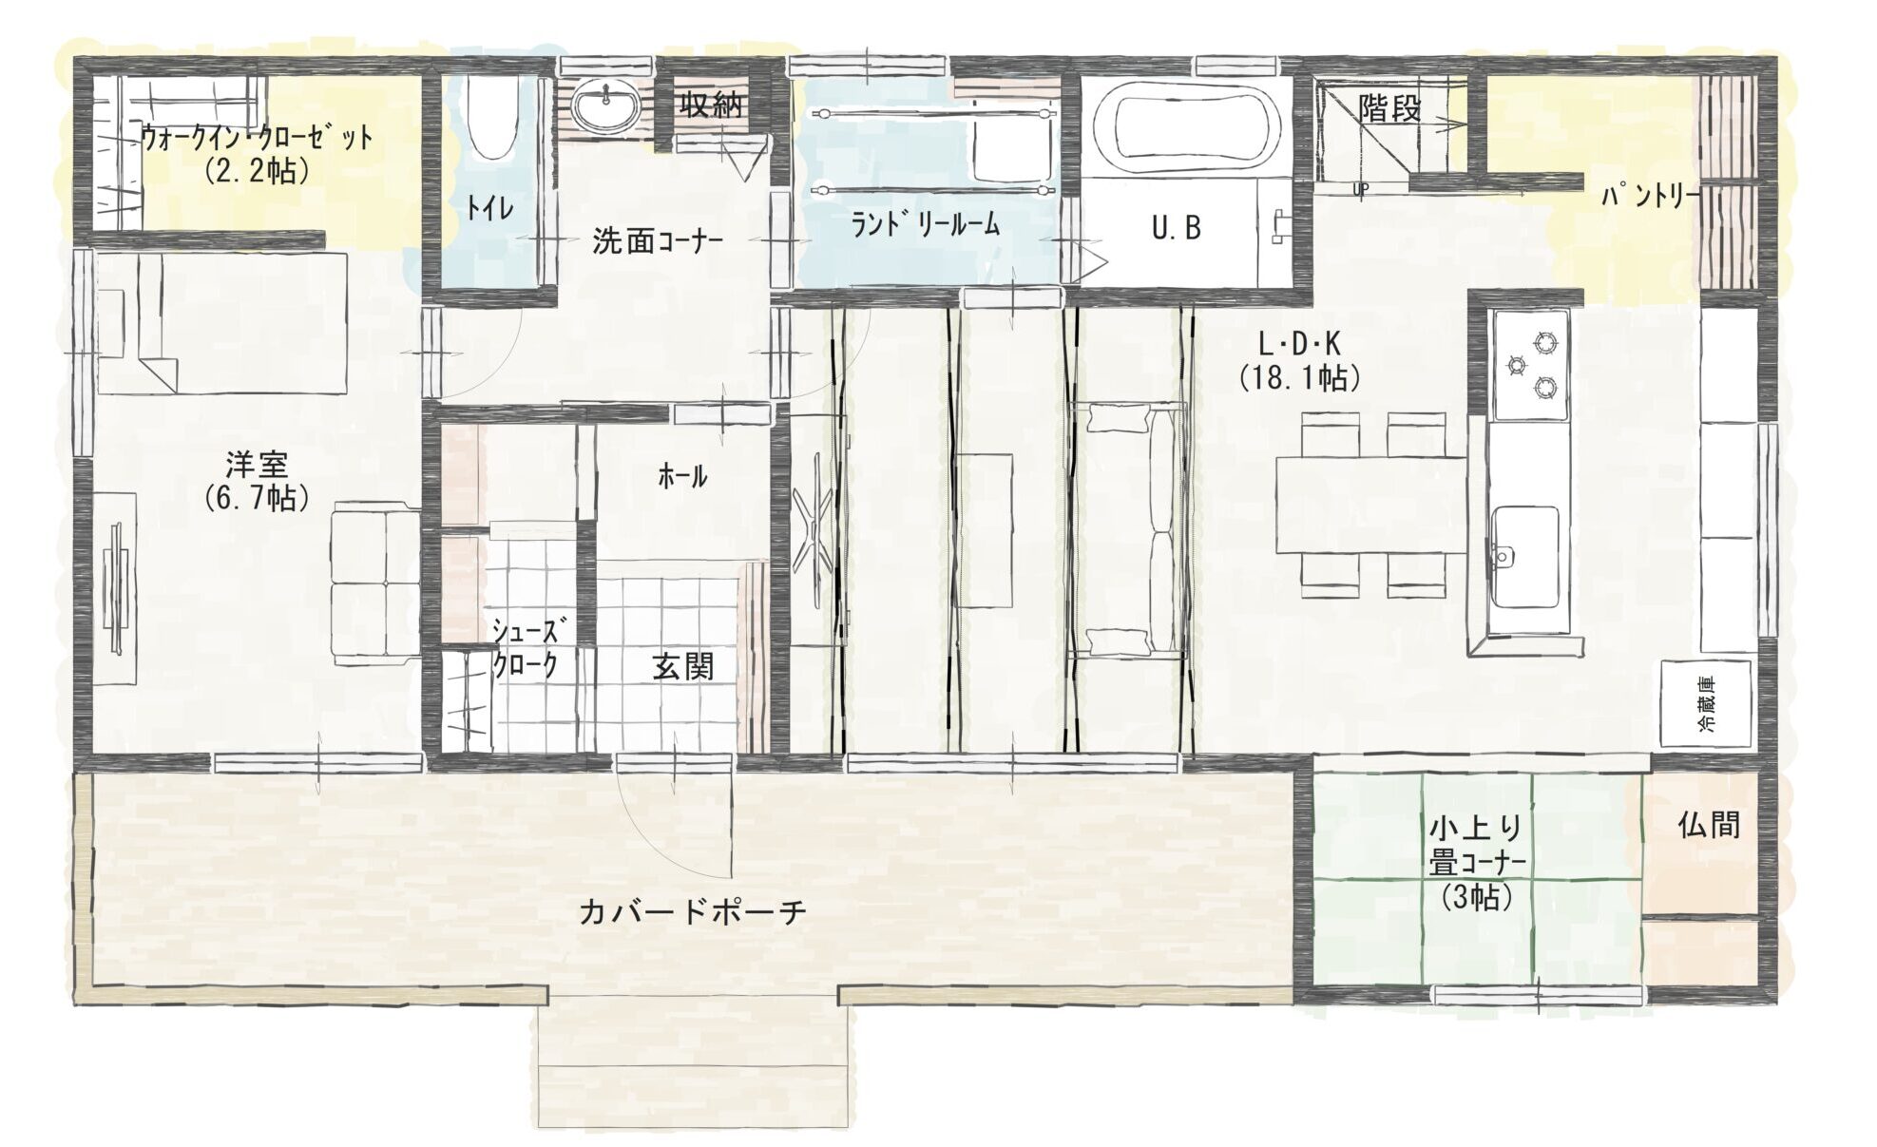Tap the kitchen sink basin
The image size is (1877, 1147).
pyautogui.click(x=1524, y=556)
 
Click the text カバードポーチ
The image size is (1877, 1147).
pyautogui.click(x=693, y=911)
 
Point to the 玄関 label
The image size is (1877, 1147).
pyautogui.click(x=683, y=667)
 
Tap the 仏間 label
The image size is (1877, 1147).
pyautogui.click(x=1709, y=824)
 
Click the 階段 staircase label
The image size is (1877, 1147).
pyautogui.click(x=1389, y=108)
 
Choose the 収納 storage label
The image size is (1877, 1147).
pyautogui.click(x=710, y=105)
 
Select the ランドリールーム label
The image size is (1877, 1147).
pyautogui.click(x=926, y=224)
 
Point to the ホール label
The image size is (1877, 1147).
pyautogui.click(x=682, y=477)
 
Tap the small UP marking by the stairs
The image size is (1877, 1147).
pyautogui.click(x=1361, y=189)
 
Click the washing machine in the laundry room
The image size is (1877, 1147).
pyautogui.click(x=1011, y=143)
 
